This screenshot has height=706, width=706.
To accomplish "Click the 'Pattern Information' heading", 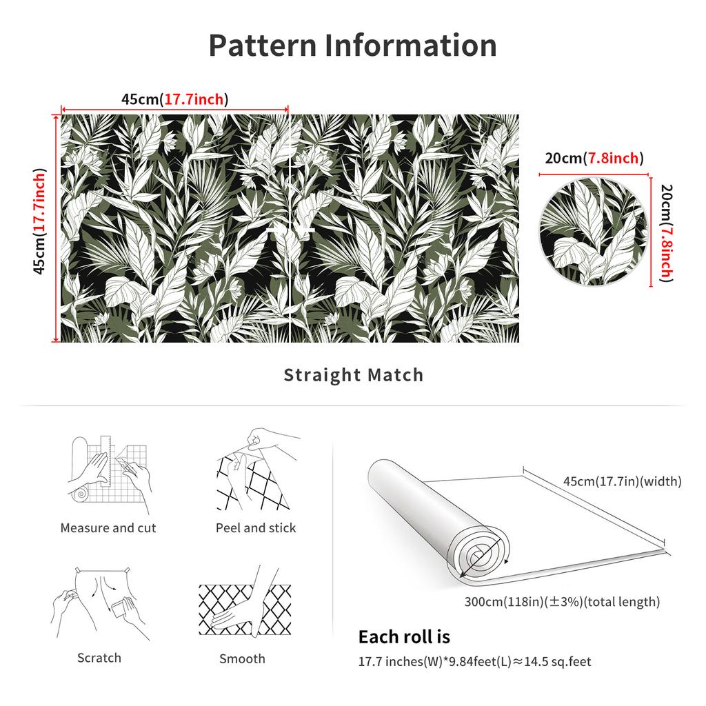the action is (x=352, y=46).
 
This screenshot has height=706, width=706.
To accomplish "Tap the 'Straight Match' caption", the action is (x=354, y=374).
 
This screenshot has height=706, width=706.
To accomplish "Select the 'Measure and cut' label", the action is (x=108, y=527).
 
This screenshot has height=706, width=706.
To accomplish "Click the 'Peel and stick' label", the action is (x=256, y=527).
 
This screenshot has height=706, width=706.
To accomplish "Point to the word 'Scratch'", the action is (x=99, y=658).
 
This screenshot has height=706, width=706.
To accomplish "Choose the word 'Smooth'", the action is (x=242, y=658).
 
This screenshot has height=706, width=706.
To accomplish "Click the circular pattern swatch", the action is (x=594, y=232).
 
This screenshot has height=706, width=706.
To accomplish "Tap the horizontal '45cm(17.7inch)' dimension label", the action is (x=174, y=99).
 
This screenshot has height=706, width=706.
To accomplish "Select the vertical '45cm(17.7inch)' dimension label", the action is (x=39, y=221).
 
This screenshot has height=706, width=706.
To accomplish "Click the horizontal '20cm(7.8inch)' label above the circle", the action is (x=594, y=158).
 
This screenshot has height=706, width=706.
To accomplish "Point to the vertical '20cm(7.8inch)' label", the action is (x=667, y=233).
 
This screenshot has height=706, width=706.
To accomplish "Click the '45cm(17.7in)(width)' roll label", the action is (x=623, y=481).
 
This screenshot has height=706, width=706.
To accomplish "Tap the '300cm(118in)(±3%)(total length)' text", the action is (x=562, y=601).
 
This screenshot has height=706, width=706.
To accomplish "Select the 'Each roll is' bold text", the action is (x=404, y=636).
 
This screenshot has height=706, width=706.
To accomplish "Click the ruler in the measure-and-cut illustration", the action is (x=105, y=461).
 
